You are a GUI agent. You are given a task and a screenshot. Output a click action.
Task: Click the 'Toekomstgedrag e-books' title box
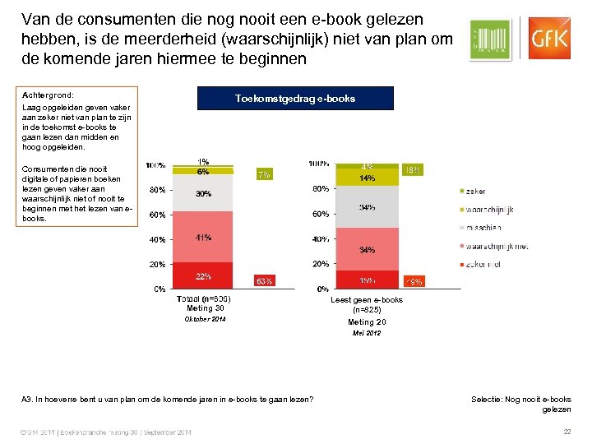pyautogui.click(x=295, y=99)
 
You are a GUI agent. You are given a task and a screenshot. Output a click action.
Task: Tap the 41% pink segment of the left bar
pyautogui.click(x=202, y=238)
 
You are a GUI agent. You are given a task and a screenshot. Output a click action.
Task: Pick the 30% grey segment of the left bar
pyautogui.click(x=202, y=194)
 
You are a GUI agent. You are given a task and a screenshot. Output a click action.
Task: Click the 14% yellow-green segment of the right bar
pyautogui.click(x=366, y=178)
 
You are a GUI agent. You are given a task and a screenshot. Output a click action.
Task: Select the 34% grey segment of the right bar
pyautogui.click(x=366, y=207)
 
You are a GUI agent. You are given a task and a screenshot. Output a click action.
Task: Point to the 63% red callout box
pyautogui.click(x=265, y=281)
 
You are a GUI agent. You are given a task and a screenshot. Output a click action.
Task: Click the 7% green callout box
pyautogui.click(x=264, y=174)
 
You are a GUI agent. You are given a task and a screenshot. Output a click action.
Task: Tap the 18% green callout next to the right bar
pyautogui.click(x=413, y=170)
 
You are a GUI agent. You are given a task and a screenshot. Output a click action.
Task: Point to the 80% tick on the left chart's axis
pyautogui.click(x=155, y=190)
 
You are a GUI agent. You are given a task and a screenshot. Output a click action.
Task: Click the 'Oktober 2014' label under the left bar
pyautogui.click(x=204, y=319)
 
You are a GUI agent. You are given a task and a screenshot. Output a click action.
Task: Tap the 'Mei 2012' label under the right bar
pyautogui.click(x=366, y=333)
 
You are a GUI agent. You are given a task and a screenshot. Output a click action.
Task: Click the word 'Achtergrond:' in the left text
pyautogui.click(x=49, y=95)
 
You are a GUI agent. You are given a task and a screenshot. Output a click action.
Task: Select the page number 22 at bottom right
pyautogui.click(x=566, y=432)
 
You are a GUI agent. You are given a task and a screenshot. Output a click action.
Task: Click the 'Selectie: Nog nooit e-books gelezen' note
pyautogui.click(x=520, y=404)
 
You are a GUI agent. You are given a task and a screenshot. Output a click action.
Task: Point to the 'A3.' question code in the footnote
pyautogui.click(x=28, y=399)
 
